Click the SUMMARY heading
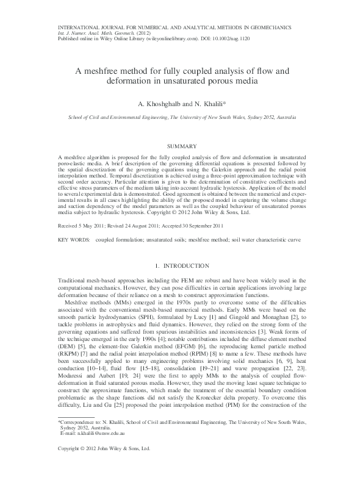(x=181, y=146)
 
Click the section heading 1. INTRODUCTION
(x=181, y=267)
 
